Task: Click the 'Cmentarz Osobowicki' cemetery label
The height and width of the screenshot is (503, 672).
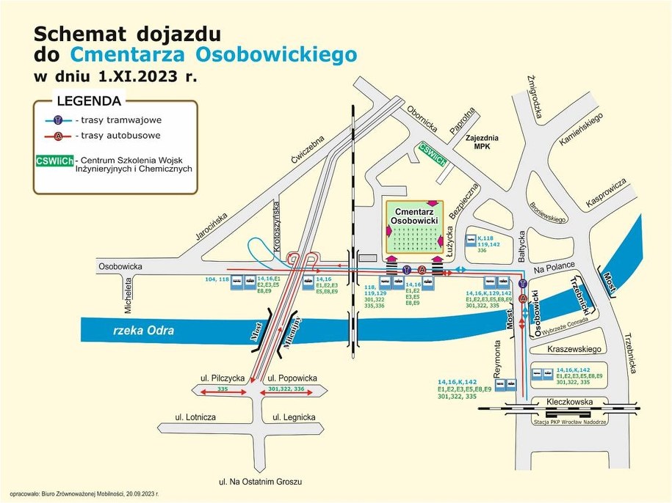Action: point(414,215)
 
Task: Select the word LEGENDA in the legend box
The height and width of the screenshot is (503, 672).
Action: point(89,101)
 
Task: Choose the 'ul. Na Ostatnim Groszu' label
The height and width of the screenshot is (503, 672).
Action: point(261,482)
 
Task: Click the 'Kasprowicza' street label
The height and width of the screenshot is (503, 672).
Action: point(606,193)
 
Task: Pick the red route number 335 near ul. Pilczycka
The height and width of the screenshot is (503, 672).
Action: point(223,389)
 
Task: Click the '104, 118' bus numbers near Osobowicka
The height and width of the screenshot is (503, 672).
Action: point(219,279)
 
